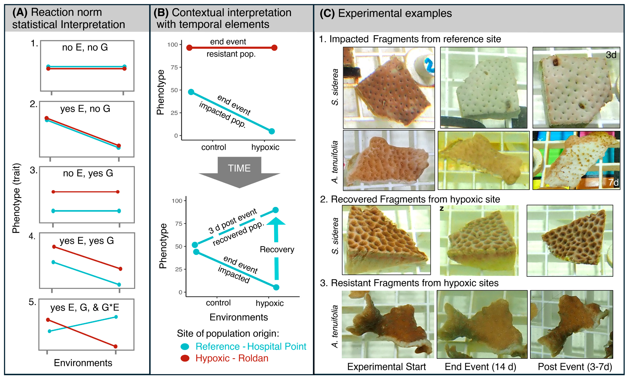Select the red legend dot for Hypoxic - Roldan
tap(185, 358)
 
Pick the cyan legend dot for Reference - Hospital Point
tap(185, 346)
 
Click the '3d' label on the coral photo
tap(611, 55)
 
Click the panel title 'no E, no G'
tap(85, 47)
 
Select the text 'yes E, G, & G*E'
tap(85, 308)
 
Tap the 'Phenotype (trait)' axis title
tap(16, 198)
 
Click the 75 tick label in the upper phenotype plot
tap(174, 67)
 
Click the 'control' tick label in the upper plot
tap(214, 147)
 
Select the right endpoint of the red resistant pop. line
tap(274, 48)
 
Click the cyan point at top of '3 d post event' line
tap(275, 210)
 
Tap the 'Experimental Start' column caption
tap(386, 367)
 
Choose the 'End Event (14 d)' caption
tap(480, 367)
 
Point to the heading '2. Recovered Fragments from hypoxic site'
tap(410, 199)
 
